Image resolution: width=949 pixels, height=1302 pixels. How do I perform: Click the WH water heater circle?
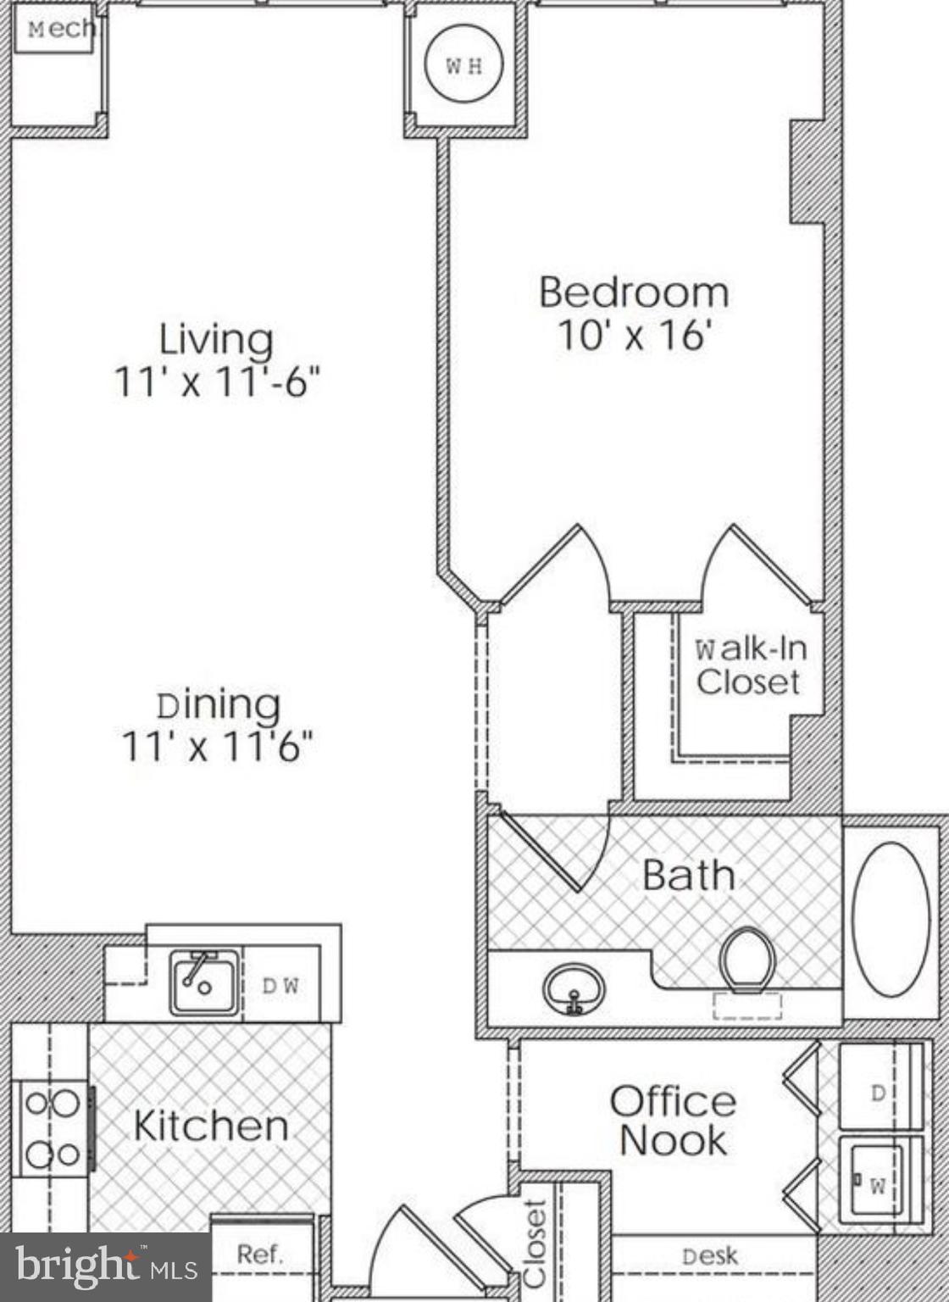point(463,65)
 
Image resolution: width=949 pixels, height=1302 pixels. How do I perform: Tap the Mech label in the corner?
point(59,30)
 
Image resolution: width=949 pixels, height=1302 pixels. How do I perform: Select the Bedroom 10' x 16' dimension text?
point(633,336)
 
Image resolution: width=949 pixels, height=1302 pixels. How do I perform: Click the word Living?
point(216,339)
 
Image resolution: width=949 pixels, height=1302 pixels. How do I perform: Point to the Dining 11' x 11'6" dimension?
point(218,747)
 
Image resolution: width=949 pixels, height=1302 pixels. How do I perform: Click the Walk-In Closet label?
point(749,666)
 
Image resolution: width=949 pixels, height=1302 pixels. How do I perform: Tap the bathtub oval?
point(891,919)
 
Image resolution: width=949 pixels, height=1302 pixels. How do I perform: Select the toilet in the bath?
point(747,959)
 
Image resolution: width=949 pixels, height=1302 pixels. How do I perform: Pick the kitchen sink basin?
point(204,983)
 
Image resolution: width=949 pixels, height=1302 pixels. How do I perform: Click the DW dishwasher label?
point(280,986)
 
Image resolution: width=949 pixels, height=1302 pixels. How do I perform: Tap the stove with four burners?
point(53,1128)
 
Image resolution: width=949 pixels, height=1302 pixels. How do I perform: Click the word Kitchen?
point(211,1126)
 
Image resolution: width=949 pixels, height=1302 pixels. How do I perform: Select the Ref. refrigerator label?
point(259,1255)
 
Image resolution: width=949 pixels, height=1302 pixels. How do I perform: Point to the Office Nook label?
point(673,1121)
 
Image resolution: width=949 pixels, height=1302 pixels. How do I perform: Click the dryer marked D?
point(879,1093)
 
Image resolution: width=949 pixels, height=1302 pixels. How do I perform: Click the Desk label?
point(709,1256)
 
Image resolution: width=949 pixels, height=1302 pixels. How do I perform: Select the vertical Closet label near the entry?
point(535,1244)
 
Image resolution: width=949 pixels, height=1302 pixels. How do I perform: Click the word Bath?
point(688,875)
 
